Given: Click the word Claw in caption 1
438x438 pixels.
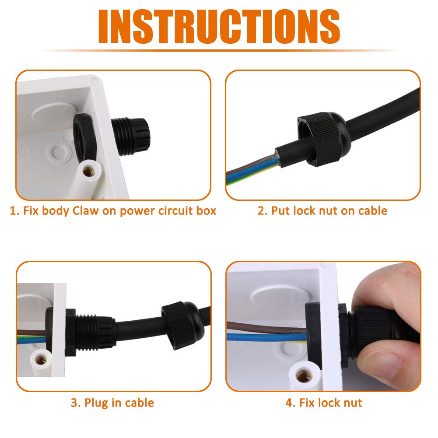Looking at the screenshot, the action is [x=85, y=210].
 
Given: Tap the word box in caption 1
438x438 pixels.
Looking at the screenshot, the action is [x=206, y=210].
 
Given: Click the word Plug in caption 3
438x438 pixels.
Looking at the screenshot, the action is [x=96, y=403].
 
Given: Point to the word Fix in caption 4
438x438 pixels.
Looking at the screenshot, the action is [x=307, y=403].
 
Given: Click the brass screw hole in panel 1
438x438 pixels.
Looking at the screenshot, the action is [x=89, y=171].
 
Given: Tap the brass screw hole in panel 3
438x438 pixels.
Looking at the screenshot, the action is [x=41, y=360].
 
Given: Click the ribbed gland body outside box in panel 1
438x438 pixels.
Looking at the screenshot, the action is [x=130, y=137].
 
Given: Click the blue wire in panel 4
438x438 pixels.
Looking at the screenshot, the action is [x=265, y=337].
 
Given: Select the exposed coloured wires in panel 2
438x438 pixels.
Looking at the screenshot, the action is [x=253, y=170].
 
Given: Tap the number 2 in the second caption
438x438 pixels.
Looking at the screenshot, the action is [x=261, y=211].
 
